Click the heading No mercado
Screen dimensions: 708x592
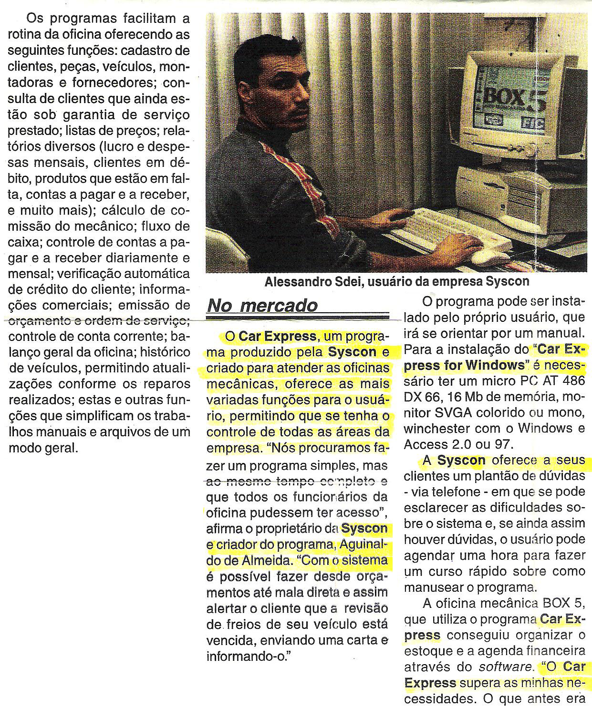click(262, 306)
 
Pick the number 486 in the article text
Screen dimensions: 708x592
click(572, 381)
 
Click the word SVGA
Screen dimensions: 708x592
click(456, 412)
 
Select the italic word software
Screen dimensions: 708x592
click(507, 667)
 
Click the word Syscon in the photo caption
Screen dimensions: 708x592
click(508, 282)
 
